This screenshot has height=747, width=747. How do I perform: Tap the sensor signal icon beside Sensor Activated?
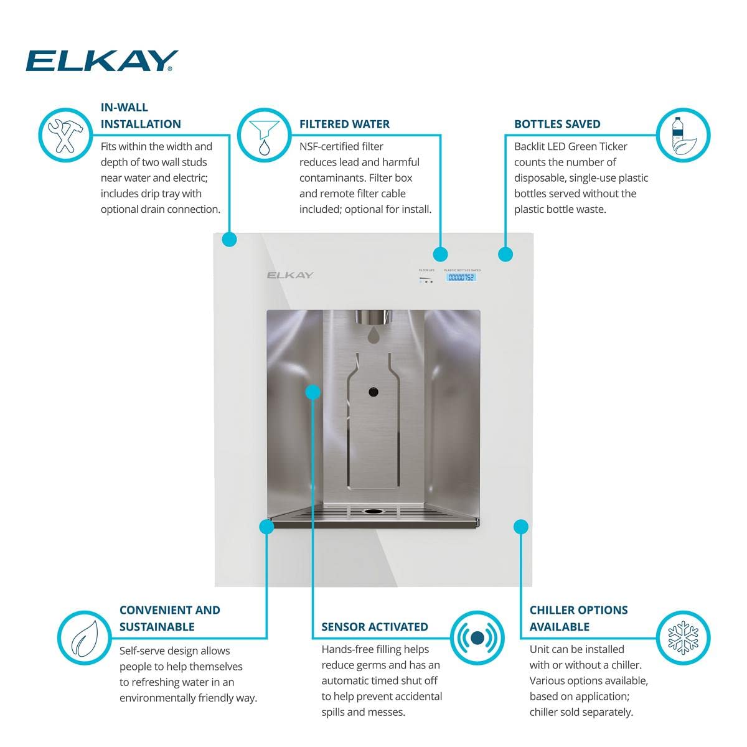477,638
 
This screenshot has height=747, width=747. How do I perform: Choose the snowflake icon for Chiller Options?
684,638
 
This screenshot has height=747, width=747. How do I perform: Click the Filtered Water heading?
344,124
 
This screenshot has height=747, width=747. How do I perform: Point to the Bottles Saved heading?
557,124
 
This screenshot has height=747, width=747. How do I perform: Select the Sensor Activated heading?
375,627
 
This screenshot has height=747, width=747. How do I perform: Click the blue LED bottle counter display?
461,278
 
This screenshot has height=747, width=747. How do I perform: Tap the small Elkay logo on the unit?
290,275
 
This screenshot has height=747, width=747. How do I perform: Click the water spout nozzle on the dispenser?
374,317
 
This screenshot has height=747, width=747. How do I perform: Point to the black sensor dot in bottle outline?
374,392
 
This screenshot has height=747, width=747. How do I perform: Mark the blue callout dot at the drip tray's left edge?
266,527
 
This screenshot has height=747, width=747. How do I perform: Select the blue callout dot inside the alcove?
313,392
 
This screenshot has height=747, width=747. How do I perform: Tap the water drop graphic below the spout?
374,335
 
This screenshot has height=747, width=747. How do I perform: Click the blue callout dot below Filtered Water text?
440,254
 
